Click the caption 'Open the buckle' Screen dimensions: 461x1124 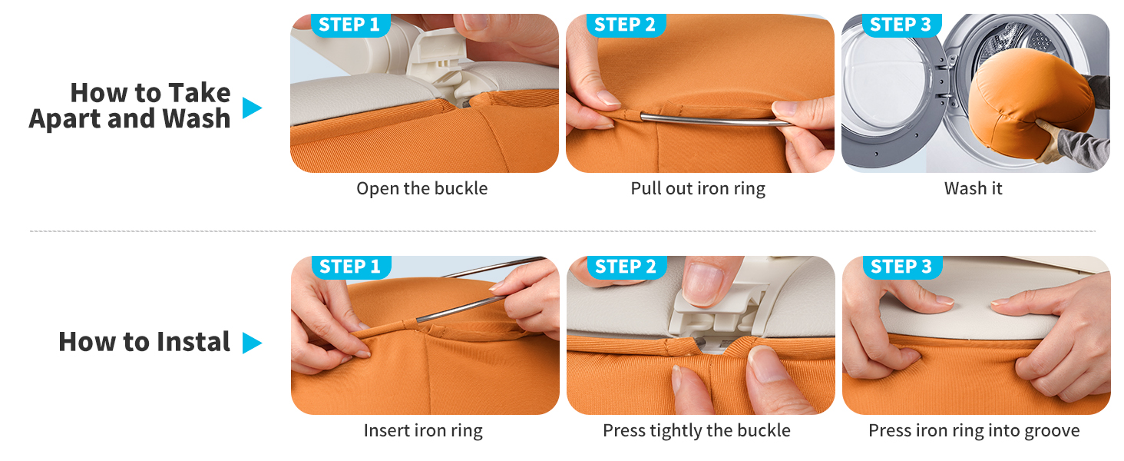click(x=421, y=188)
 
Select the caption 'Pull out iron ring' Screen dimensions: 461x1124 click(x=698, y=188)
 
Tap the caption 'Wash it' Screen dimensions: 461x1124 click(x=973, y=188)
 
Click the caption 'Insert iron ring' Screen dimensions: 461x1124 click(x=423, y=431)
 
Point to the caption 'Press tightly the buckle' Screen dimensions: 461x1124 click(x=696, y=431)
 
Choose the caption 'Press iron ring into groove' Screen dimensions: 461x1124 click(x=974, y=431)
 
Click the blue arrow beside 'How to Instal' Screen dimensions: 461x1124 click(x=252, y=343)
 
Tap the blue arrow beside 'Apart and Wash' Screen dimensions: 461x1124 click(x=252, y=108)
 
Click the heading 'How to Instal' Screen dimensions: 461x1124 click(x=144, y=342)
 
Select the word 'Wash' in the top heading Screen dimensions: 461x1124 click(x=196, y=119)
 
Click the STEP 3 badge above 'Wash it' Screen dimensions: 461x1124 click(x=901, y=25)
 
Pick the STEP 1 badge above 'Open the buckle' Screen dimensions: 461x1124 click(x=349, y=25)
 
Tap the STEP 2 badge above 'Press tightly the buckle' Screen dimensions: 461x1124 click(x=626, y=267)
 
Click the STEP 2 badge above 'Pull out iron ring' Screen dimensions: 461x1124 click(x=625, y=25)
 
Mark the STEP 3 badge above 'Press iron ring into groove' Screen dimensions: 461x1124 click(x=901, y=267)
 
